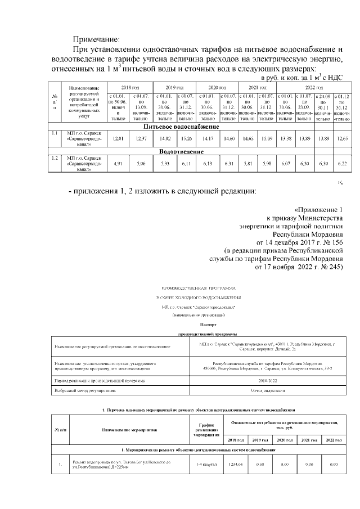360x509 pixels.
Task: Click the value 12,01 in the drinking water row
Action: pyautogui.click(x=118, y=138)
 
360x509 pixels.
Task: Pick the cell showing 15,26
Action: pyautogui.click(x=186, y=138)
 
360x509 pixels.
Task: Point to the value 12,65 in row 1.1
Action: pyautogui.click(x=341, y=138)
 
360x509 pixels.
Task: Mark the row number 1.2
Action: pyautogui.click(x=55, y=159)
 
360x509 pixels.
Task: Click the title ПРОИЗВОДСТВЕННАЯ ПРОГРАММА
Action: pyautogui.click(x=200, y=287)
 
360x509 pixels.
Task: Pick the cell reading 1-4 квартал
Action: pyautogui.click(x=201, y=464)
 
